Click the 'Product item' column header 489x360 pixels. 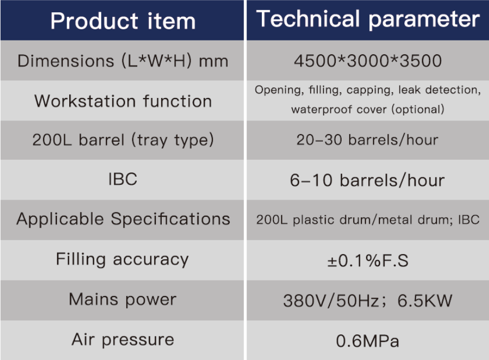tap(123, 21)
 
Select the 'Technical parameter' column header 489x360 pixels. tap(368, 19)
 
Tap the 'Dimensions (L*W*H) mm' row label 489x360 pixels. tap(123, 61)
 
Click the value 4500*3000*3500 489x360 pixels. tap(368, 61)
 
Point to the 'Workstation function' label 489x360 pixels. tap(123, 101)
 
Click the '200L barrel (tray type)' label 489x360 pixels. tap(123, 140)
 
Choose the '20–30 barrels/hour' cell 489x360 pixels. tap(367, 140)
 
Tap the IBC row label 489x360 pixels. tap(122, 179)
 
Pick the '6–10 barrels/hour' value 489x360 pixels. tap(367, 181)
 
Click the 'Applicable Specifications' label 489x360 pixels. tap(123, 218)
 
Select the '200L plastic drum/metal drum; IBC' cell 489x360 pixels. tap(368, 220)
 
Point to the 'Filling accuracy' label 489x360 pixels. tap(122, 259)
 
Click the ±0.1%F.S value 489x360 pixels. tap(368, 260)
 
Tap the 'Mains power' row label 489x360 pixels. tap(122, 299)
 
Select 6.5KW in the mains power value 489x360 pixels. tap(425, 301)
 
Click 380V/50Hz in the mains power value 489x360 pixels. tap(331, 301)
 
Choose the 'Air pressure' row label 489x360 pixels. tap(122, 339)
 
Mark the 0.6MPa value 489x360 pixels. tap(368, 341)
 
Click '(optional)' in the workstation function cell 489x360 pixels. tap(418, 110)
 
